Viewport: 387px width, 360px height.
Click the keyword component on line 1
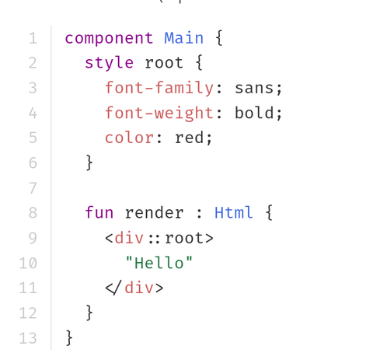point(109,39)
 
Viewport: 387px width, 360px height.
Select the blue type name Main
point(184,38)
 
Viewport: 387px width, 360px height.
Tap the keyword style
point(109,63)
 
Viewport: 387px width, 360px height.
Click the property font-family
point(159,88)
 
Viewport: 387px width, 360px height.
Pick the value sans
point(254,88)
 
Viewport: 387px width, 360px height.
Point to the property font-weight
point(159,114)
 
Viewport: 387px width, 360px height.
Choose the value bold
point(254,113)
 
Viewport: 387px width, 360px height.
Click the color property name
point(130,138)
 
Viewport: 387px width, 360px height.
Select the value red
point(189,138)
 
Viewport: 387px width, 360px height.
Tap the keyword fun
point(99,212)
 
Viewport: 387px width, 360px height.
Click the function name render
point(155,213)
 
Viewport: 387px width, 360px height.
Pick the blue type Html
point(233,212)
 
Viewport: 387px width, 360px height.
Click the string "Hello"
point(159,263)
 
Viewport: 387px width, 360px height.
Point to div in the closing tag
point(139,288)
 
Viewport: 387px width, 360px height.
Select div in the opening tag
point(129,238)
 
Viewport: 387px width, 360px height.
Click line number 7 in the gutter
point(33,188)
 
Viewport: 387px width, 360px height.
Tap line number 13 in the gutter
point(28,338)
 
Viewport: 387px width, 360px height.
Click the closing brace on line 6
point(89,163)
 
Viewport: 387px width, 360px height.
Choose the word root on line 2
point(164,63)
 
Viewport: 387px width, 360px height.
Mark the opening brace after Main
point(219,38)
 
